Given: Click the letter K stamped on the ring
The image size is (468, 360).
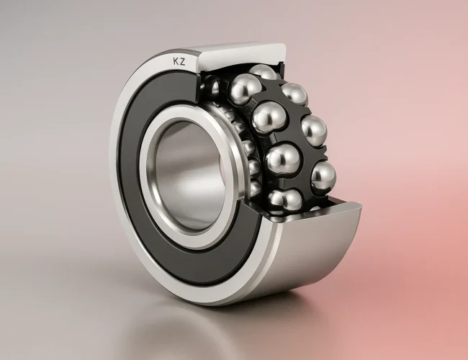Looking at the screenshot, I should tap(175, 62).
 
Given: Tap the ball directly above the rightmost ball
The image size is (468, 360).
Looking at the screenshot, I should tap(314, 130).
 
